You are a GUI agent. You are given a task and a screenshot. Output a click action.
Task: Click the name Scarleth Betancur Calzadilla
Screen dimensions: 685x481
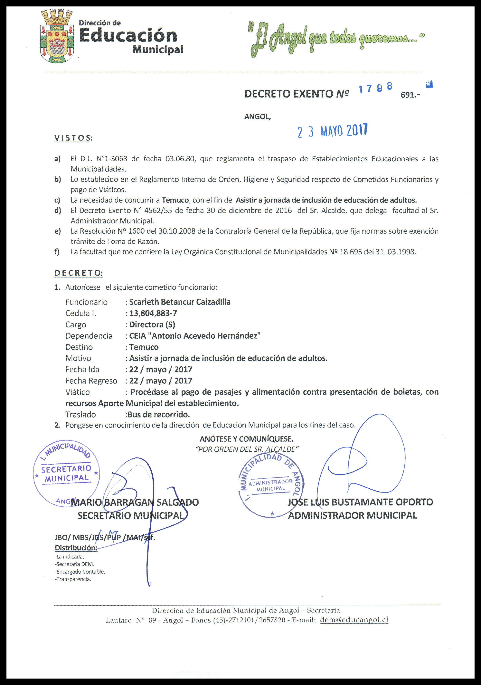180,302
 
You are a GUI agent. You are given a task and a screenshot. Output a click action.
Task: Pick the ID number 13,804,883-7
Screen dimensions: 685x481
153,313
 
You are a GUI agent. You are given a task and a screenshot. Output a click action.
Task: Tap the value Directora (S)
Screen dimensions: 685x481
152,325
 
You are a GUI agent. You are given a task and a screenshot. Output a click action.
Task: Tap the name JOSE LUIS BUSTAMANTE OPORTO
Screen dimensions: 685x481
360,502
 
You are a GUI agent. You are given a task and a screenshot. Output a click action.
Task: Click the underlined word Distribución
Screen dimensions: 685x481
76,548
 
